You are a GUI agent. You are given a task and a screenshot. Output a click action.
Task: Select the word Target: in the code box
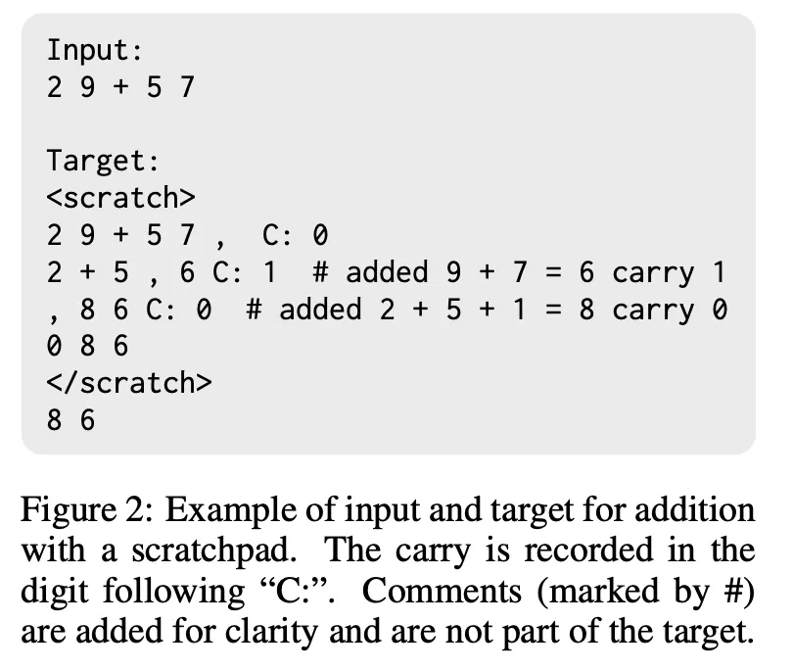click(104, 160)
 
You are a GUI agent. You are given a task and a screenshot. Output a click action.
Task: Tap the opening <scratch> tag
click(121, 197)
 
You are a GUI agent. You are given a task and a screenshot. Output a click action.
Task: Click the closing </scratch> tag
click(129, 383)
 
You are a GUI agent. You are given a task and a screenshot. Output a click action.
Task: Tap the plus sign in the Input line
click(121, 86)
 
